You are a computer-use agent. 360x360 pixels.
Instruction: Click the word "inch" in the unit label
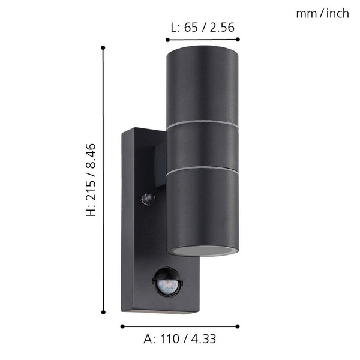(x=336, y=13)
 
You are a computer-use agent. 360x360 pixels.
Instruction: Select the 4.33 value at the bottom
(x=203, y=339)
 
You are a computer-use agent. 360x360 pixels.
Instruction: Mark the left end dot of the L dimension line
(x=167, y=40)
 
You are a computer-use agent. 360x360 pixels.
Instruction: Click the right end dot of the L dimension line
(x=238, y=40)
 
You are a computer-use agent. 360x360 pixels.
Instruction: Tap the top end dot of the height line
(x=104, y=47)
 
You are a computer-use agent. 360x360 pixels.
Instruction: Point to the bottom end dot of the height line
(x=104, y=311)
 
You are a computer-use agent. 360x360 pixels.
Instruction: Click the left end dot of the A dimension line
(x=122, y=326)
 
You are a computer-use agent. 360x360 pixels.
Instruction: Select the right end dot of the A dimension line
(x=238, y=326)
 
